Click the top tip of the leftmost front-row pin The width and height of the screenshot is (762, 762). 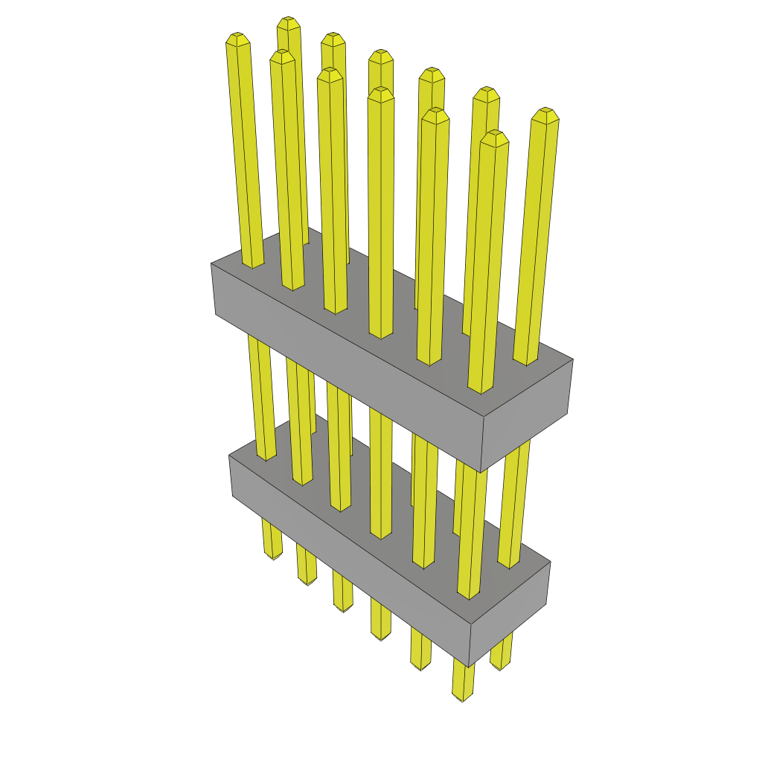(237, 37)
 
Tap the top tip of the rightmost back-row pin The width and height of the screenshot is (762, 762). (545, 112)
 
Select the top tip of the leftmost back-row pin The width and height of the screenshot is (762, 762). (288, 22)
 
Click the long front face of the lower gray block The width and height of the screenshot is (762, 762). (350, 560)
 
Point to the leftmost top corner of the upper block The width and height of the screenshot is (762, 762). (212, 263)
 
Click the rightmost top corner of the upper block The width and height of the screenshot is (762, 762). (572, 359)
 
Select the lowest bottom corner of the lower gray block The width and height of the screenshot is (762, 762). (470, 666)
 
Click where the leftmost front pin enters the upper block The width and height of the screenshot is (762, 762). (253, 264)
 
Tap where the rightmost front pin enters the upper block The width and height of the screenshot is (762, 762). (481, 389)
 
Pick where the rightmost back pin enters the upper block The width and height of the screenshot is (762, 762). (525, 362)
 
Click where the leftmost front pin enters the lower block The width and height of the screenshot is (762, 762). (266, 457)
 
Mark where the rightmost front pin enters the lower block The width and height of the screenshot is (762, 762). (469, 595)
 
